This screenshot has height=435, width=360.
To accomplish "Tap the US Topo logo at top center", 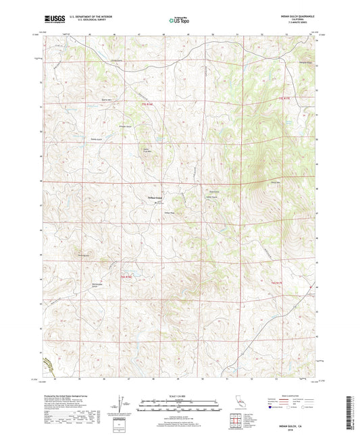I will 178,20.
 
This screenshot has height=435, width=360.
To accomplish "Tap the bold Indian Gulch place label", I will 155,197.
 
